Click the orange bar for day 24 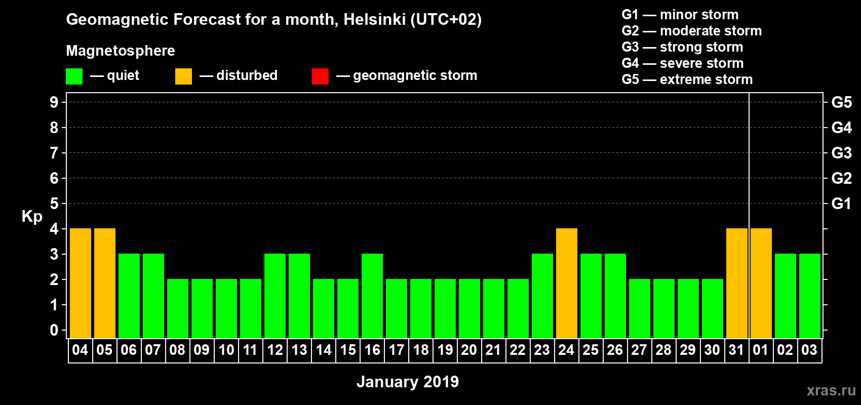pyautogui.click(x=566, y=283)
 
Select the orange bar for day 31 pyautogui.click(x=736, y=283)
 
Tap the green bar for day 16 pyautogui.click(x=372, y=296)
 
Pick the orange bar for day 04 pyautogui.click(x=80, y=283)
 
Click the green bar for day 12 pyautogui.click(x=275, y=296)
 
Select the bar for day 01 pyautogui.click(x=761, y=283)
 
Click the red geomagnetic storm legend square pyautogui.click(x=320, y=76)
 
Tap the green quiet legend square pyautogui.click(x=74, y=76)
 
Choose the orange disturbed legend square pyautogui.click(x=183, y=76)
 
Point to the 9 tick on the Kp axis pyautogui.click(x=54, y=102)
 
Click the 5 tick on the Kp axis pyautogui.click(x=54, y=204)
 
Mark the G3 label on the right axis pyautogui.click(x=841, y=153)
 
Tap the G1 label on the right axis pyautogui.click(x=841, y=204)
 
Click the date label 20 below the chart pyautogui.click(x=469, y=350)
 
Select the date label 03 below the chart pyautogui.click(x=809, y=350)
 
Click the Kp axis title pyautogui.click(x=32, y=217)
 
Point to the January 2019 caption pyautogui.click(x=408, y=382)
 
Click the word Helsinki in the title pyautogui.click(x=374, y=20)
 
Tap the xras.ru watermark pyautogui.click(x=831, y=390)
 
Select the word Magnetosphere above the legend pyautogui.click(x=121, y=51)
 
